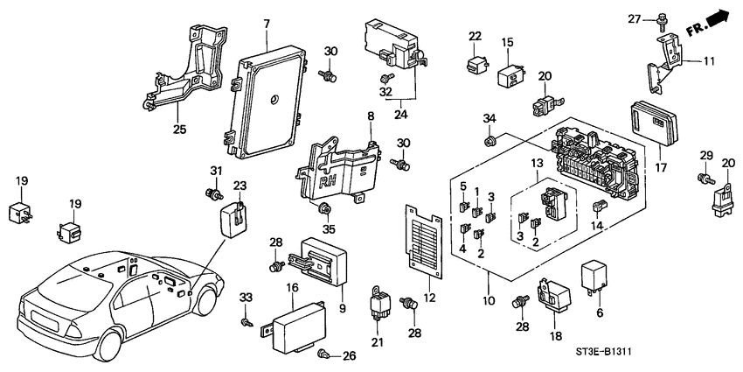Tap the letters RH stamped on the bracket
329,183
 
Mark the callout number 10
487,300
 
